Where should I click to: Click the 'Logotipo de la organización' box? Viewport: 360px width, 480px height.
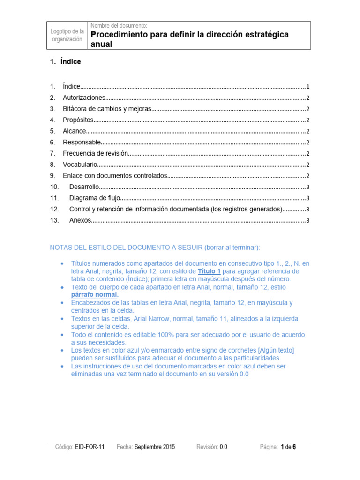(x=67, y=35)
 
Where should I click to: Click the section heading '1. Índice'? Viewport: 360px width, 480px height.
(x=66, y=61)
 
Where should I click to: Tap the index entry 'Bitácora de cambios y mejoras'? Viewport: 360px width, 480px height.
(x=107, y=109)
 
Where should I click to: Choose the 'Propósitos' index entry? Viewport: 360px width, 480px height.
(x=78, y=120)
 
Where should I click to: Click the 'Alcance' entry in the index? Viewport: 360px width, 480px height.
(x=75, y=131)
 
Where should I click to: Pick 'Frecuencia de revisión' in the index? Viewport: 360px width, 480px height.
(x=95, y=153)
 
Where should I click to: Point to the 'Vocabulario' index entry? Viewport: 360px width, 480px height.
(x=80, y=165)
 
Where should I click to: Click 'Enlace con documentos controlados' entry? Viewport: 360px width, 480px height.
(x=115, y=176)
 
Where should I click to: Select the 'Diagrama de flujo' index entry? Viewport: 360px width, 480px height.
(x=95, y=198)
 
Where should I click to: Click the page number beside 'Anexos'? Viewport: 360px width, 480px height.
(x=307, y=221)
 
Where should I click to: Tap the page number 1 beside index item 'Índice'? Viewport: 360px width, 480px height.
(x=307, y=87)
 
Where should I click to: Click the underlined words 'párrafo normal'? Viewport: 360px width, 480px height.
(x=94, y=295)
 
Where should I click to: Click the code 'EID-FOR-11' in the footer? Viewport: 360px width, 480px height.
(x=90, y=447)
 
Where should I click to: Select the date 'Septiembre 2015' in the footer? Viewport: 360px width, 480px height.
(x=154, y=447)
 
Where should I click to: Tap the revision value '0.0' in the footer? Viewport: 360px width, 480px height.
(x=223, y=447)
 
